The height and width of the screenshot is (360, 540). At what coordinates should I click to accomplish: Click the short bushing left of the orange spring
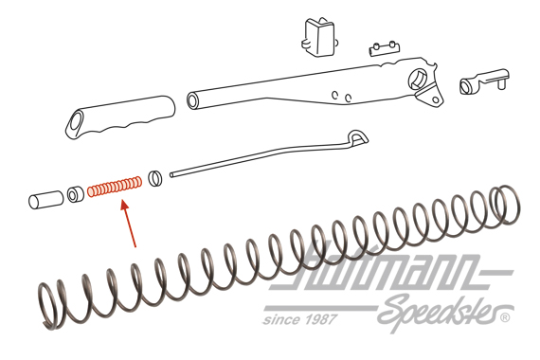coord(73,196)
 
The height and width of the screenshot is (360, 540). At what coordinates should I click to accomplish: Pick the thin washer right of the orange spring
coord(154,176)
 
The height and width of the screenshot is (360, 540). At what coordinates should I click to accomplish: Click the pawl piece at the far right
coord(483,82)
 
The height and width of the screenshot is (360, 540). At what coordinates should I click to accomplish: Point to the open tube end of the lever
coord(193,99)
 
